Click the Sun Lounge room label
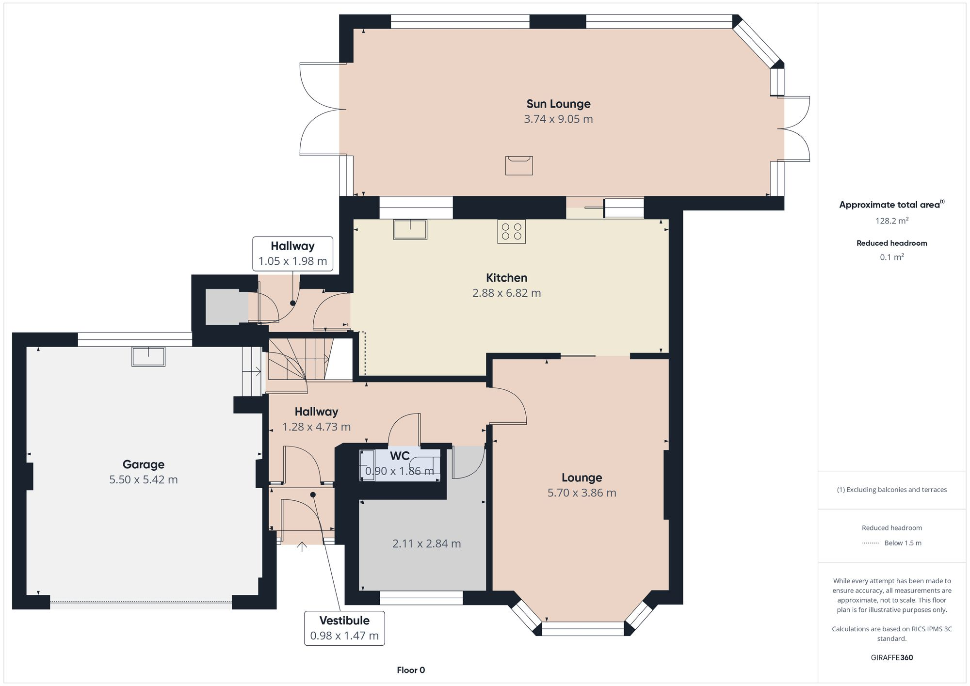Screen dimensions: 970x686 tap(558, 104)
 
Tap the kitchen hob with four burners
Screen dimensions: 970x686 tap(511, 231)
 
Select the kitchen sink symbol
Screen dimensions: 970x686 tap(410, 229)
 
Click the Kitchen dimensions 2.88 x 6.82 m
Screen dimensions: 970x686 tap(506, 293)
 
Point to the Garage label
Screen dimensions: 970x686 tap(143, 464)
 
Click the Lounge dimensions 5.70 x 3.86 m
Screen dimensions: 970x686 tap(582, 493)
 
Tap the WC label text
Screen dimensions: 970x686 tap(400, 456)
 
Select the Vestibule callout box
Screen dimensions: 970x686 tap(344, 628)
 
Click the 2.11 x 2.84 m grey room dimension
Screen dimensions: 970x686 tap(426, 543)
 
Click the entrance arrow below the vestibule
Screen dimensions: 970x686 tap(302, 547)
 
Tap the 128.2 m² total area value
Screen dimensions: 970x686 tap(891, 221)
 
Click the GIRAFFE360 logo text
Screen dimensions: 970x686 tap(892, 658)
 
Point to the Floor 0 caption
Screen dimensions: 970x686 tap(411, 670)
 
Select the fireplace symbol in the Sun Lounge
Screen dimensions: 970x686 tap(519, 165)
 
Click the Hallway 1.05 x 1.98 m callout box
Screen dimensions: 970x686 tap(293, 254)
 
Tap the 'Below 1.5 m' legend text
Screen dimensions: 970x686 tap(903, 543)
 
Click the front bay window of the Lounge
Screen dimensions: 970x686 tap(582, 629)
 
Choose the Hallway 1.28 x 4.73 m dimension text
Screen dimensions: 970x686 tap(316, 427)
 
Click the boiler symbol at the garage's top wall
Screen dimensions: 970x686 tap(148, 356)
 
